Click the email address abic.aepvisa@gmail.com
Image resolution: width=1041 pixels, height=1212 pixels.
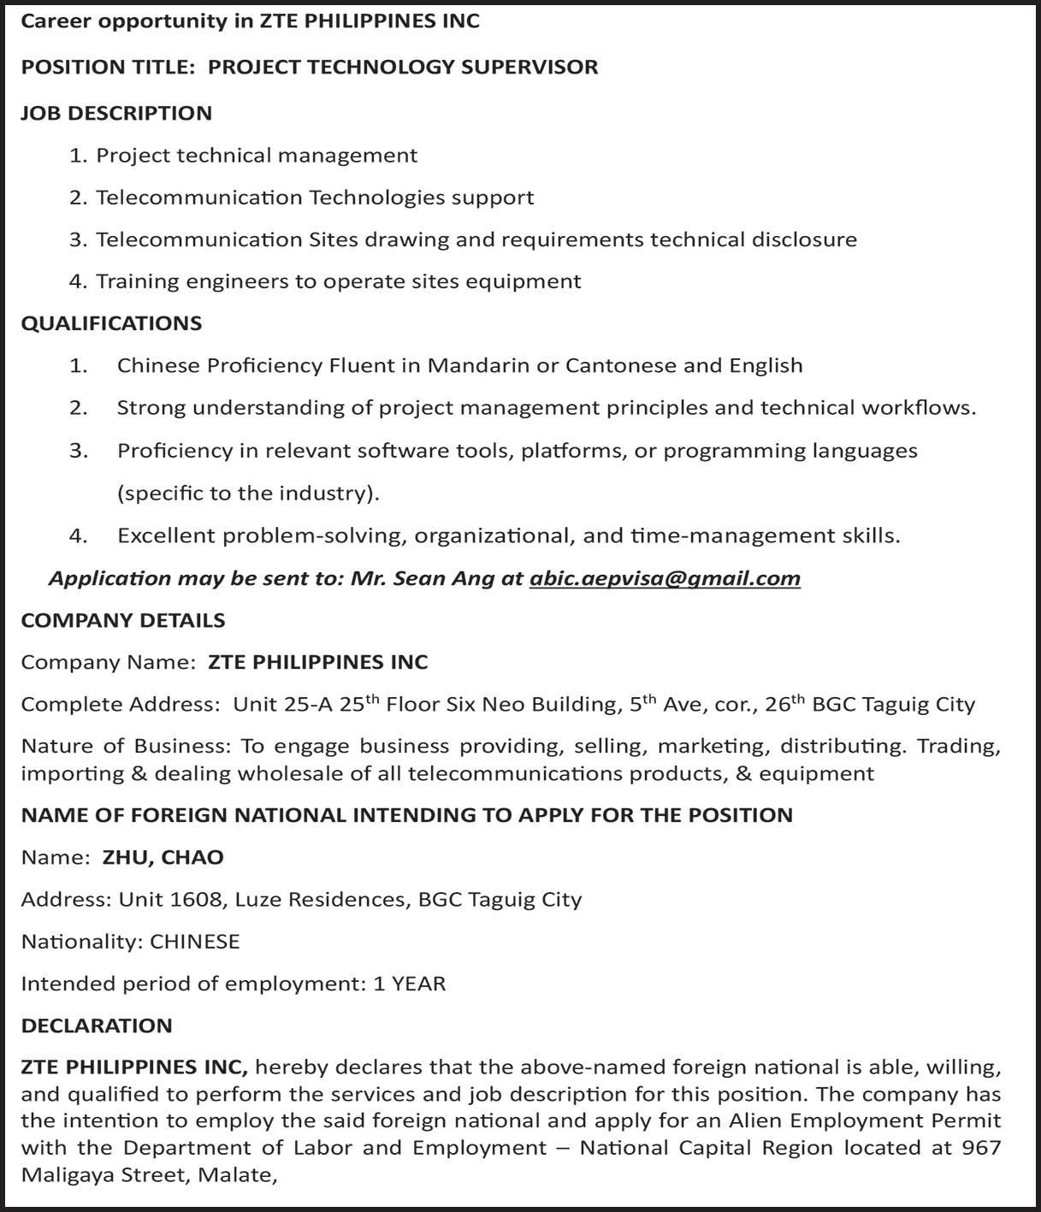tap(665, 579)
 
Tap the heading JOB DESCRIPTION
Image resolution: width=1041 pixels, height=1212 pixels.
tap(116, 113)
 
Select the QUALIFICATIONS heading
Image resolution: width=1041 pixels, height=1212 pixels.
tap(111, 323)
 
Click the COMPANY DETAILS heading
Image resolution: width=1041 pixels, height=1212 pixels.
tap(123, 620)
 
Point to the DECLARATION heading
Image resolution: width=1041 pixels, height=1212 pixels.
tap(97, 1026)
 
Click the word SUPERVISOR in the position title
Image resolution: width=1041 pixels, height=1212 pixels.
tap(529, 67)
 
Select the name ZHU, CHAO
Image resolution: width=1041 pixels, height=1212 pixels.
tap(163, 857)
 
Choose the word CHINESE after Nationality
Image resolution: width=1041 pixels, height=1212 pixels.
tap(195, 942)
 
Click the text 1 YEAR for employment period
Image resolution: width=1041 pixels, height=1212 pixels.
tap(410, 984)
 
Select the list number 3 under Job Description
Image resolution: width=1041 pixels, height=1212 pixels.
tap(78, 239)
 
